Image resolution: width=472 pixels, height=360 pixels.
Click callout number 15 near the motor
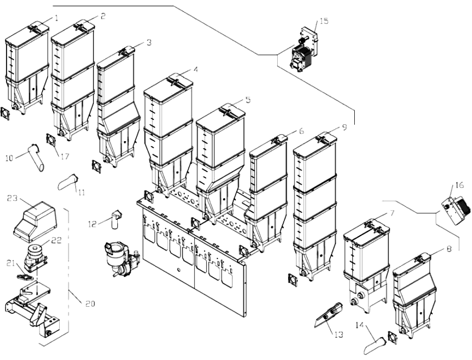click(x=324, y=21)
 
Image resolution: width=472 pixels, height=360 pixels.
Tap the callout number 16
click(x=460, y=186)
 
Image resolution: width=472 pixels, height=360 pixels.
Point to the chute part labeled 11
click(x=68, y=181)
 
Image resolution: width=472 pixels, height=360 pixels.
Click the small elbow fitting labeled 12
click(x=116, y=217)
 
